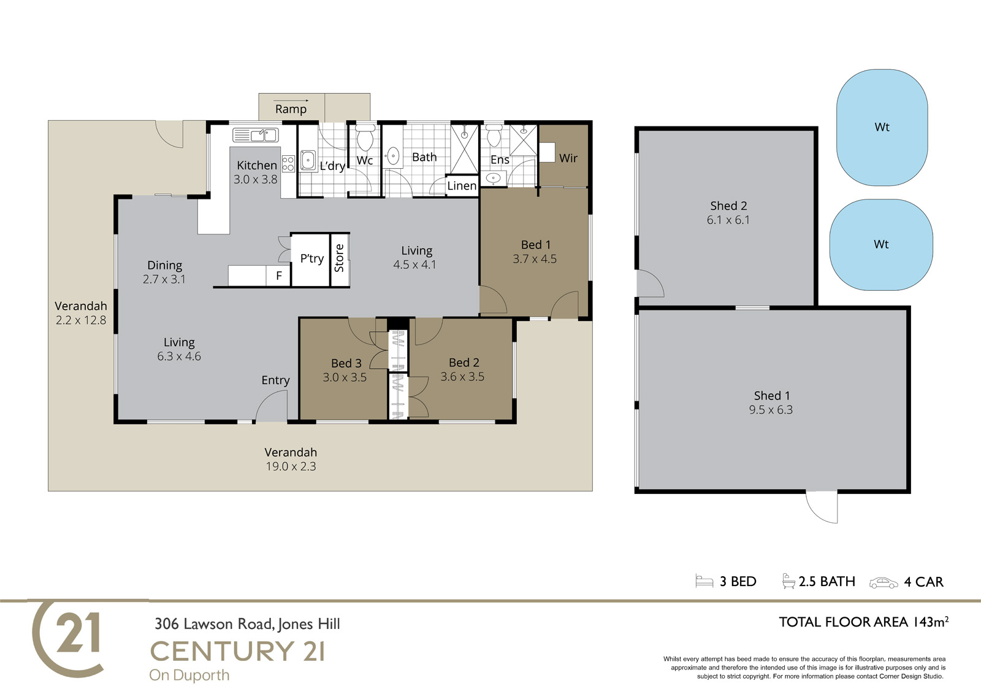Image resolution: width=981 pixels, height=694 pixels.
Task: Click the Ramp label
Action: pos(291,109)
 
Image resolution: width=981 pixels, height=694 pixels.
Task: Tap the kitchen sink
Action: pos(255,135)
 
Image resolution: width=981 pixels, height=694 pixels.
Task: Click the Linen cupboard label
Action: pos(462,186)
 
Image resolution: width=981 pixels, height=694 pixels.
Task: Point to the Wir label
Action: pos(568,158)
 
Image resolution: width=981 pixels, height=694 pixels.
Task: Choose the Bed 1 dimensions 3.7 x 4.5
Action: pos(535,259)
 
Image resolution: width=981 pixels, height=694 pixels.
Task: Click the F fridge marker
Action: pos(279,276)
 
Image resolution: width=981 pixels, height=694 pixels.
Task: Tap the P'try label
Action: pos(312,259)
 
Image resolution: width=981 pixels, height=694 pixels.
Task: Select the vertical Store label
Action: pos(340,258)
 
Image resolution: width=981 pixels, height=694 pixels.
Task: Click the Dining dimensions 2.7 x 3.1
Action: pos(164,279)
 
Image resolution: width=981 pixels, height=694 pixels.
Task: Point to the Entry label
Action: pos(275,380)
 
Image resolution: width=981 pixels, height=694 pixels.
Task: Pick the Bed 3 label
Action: pos(346,363)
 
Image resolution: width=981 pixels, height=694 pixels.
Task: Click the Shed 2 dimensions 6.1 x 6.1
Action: pos(728,220)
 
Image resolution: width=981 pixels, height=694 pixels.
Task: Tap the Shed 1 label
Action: pos(772,395)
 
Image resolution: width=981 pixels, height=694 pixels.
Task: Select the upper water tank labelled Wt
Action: pos(882,127)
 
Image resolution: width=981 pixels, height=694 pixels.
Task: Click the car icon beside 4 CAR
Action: pos(884,583)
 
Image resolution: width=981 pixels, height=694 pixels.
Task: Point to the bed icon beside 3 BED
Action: pos(704,581)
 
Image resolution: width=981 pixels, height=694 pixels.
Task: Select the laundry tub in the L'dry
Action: pos(308,160)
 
